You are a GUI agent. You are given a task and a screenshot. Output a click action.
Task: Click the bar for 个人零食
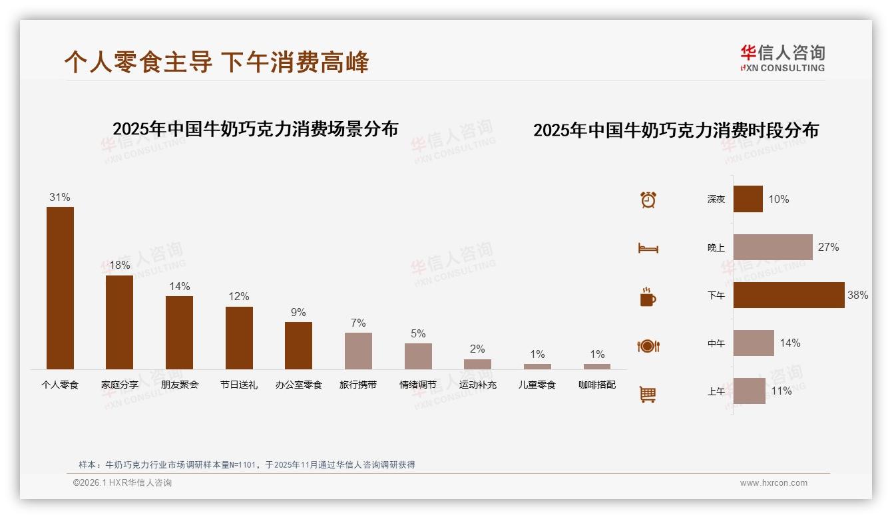click(x=60, y=287)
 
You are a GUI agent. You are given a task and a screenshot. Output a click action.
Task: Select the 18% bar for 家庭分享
click(x=119, y=322)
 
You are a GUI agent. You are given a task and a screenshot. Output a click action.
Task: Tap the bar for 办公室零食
click(x=298, y=345)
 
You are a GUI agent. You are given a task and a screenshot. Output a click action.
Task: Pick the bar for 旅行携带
click(x=358, y=351)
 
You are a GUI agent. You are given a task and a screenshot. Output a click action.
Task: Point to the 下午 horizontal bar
click(x=789, y=295)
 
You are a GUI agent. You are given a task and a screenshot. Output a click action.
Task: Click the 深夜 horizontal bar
click(x=748, y=199)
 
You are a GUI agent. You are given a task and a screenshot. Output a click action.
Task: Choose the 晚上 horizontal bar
click(x=773, y=247)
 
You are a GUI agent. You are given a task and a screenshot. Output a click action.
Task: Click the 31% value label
click(x=60, y=198)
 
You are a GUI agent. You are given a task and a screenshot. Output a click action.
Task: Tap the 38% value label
click(x=857, y=295)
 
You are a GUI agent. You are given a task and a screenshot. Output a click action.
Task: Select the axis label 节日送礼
click(x=239, y=385)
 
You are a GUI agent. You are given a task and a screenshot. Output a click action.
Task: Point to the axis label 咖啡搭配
click(x=597, y=385)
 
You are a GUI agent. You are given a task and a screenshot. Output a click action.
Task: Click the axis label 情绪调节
click(x=418, y=385)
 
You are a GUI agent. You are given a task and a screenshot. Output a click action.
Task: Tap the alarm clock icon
click(x=648, y=200)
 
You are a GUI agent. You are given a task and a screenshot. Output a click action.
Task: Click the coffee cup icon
click(x=648, y=297)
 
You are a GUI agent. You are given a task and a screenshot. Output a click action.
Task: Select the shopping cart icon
click(x=648, y=394)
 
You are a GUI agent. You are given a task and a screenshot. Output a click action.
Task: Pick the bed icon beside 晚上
click(x=648, y=248)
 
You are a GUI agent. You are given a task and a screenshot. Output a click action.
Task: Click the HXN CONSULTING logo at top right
click(x=782, y=59)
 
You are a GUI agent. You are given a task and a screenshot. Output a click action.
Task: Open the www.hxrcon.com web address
click(x=774, y=483)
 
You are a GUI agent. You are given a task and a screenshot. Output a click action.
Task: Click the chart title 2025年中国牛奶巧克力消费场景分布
click(x=255, y=129)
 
